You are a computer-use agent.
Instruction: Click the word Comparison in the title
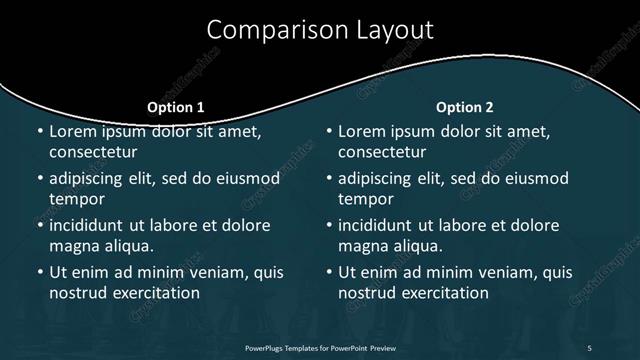[x=268, y=31]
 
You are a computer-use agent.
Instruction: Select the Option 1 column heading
[x=176, y=107]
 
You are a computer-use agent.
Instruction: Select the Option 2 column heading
[x=465, y=107]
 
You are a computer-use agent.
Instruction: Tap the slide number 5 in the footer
[x=589, y=347]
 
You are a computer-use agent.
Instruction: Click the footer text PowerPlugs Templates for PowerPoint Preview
[x=319, y=347]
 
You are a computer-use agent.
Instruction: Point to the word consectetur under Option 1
[x=92, y=152]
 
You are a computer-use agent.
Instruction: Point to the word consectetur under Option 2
[x=382, y=152]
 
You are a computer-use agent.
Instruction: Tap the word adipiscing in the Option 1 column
[x=91, y=179]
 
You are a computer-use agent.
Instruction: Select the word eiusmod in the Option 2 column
[x=531, y=179]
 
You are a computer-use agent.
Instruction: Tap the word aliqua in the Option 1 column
[x=128, y=245]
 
